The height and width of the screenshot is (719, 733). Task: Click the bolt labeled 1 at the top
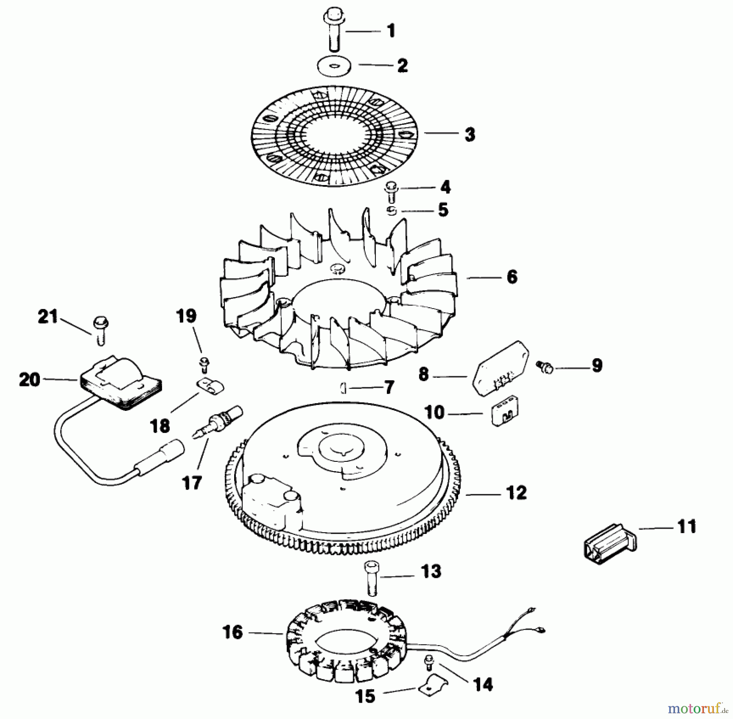(x=334, y=31)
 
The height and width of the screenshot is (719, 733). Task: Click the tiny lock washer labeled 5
(x=392, y=211)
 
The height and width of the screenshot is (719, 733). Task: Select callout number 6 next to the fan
(x=512, y=277)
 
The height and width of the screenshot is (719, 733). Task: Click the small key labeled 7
(x=343, y=388)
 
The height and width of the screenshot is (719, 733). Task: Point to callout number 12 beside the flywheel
(x=516, y=493)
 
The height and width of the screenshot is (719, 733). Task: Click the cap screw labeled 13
(x=371, y=578)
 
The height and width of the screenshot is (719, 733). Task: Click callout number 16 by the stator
(x=233, y=632)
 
